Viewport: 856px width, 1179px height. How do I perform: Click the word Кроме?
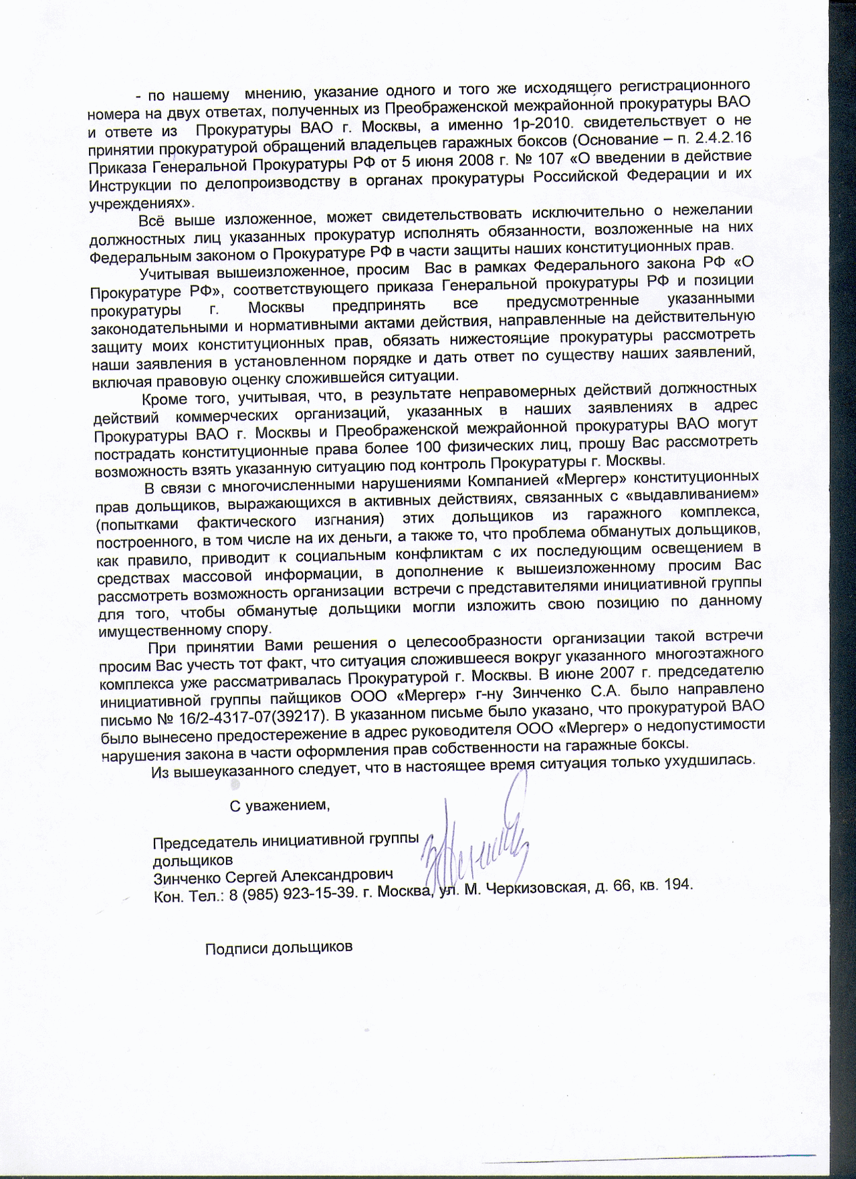[x=164, y=400]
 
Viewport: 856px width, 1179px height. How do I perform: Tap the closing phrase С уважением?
[x=280, y=805]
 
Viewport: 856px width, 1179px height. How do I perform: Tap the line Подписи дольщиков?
[x=278, y=948]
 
